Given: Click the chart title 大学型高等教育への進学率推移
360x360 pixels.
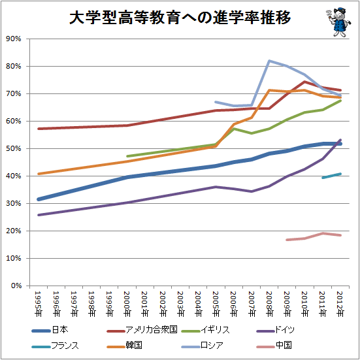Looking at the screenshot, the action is [x=180, y=18].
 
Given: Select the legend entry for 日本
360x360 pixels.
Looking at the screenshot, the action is [x=50, y=330].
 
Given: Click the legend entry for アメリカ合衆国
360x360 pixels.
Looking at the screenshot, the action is [x=142, y=330].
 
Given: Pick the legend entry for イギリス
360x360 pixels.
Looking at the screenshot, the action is [x=206, y=330].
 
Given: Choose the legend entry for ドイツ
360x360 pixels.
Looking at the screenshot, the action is [x=275, y=330].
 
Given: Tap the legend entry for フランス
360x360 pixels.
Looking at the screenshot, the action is [x=55, y=346].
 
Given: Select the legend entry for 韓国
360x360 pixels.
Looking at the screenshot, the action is [x=124, y=346].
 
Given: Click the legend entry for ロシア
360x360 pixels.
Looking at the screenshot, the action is [x=203, y=346].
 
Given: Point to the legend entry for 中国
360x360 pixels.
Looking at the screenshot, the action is [x=274, y=346].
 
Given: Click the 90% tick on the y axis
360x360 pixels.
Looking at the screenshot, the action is [x=14, y=39].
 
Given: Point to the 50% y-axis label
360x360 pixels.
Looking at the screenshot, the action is [x=14, y=148].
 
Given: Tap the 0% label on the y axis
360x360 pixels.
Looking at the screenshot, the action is [x=16, y=286].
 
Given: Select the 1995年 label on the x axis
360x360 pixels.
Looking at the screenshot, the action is [x=39, y=304].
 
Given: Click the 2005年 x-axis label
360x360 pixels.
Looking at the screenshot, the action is [x=216, y=304].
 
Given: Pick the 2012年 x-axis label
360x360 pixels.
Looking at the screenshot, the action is [x=340, y=304].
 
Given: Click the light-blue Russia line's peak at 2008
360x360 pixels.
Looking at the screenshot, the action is [x=269, y=61].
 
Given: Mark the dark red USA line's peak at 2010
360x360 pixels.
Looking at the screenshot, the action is [x=304, y=82].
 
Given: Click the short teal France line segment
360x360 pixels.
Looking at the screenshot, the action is [x=331, y=176].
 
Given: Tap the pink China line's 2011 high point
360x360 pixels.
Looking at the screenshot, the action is [x=323, y=233].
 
